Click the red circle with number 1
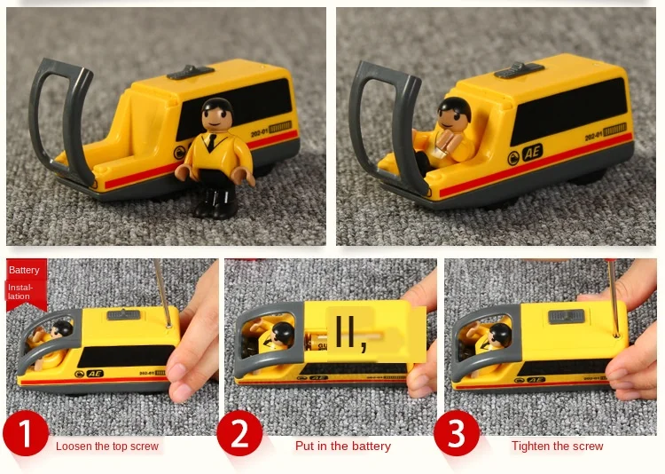point(27,434)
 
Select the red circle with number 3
point(458,434)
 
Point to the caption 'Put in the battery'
point(342,446)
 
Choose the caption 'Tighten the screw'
point(557,446)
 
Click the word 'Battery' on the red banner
point(25,270)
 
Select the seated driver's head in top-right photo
point(454,113)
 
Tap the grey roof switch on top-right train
point(519,69)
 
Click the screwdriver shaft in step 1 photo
point(161,288)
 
